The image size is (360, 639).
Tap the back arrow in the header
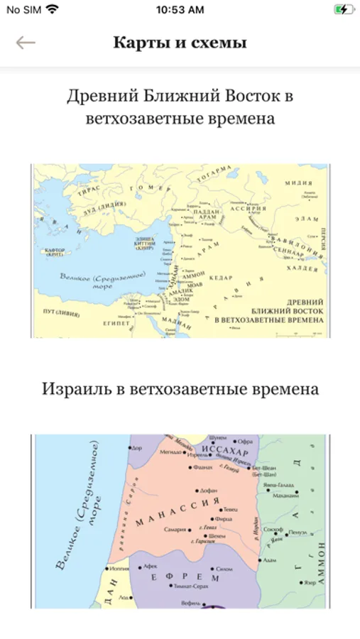coord(26,43)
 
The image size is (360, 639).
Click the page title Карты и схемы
coord(180,43)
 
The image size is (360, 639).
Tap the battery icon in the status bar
coord(342,10)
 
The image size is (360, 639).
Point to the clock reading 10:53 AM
coord(180,10)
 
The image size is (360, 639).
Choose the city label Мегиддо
coord(170,451)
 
